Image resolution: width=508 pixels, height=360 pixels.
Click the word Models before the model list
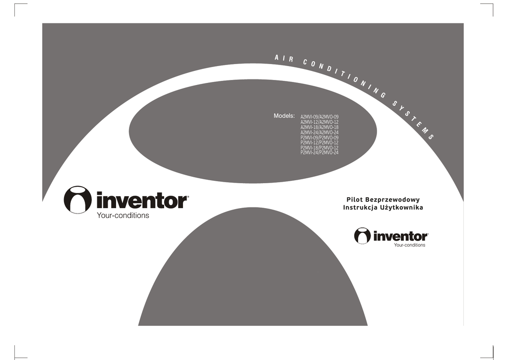pyautogui.click(x=284, y=116)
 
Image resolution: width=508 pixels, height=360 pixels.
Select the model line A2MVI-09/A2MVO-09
pyautogui.click(x=319, y=117)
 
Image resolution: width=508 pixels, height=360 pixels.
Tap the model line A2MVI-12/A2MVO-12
pyautogui.click(x=319, y=122)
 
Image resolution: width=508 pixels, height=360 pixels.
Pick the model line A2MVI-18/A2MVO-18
pyautogui.click(x=319, y=127)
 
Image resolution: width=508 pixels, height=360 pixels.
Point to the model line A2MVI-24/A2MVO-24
pyautogui.click(x=319, y=132)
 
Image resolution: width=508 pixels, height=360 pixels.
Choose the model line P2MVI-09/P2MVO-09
pyautogui.click(x=319, y=137)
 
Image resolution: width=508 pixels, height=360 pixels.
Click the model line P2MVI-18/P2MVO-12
pyautogui.click(x=319, y=147)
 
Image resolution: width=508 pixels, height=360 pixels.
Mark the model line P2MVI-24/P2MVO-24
pyautogui.click(x=319, y=152)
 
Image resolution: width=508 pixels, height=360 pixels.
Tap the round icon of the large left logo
pyautogui.click(x=78, y=200)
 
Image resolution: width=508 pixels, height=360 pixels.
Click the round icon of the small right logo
pyautogui.click(x=362, y=236)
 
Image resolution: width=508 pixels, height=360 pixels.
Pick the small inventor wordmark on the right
pyautogui.click(x=400, y=236)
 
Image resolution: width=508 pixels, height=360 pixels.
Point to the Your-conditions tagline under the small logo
pyautogui.click(x=409, y=245)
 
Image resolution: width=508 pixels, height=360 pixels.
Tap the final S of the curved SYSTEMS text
pyautogui.click(x=432, y=137)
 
